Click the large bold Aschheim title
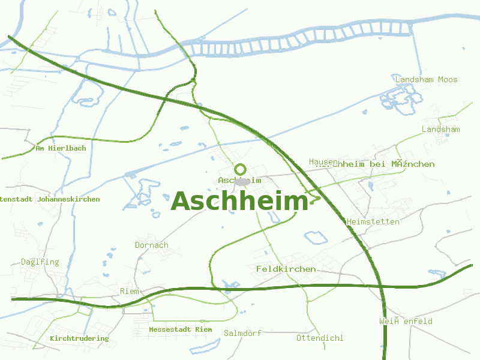(239, 202)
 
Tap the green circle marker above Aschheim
(240, 170)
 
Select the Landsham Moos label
(426, 79)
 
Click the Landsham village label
(440, 130)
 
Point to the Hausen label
(323, 162)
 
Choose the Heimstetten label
(373, 222)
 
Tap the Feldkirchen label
(286, 269)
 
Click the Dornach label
(151, 245)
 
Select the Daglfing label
(40, 262)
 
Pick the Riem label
(130, 292)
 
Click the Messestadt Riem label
(180, 329)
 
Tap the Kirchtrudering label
(79, 338)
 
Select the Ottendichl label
(320, 338)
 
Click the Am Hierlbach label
(61, 148)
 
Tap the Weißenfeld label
(406, 322)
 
